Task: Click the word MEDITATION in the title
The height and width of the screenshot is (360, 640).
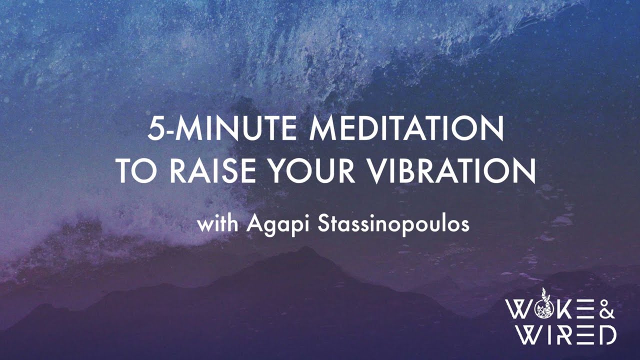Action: tap(406, 130)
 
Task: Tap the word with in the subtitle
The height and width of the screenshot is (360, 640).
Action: tap(218, 224)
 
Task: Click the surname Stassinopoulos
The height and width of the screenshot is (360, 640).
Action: tap(393, 225)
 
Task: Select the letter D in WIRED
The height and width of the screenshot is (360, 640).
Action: tap(606, 334)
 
